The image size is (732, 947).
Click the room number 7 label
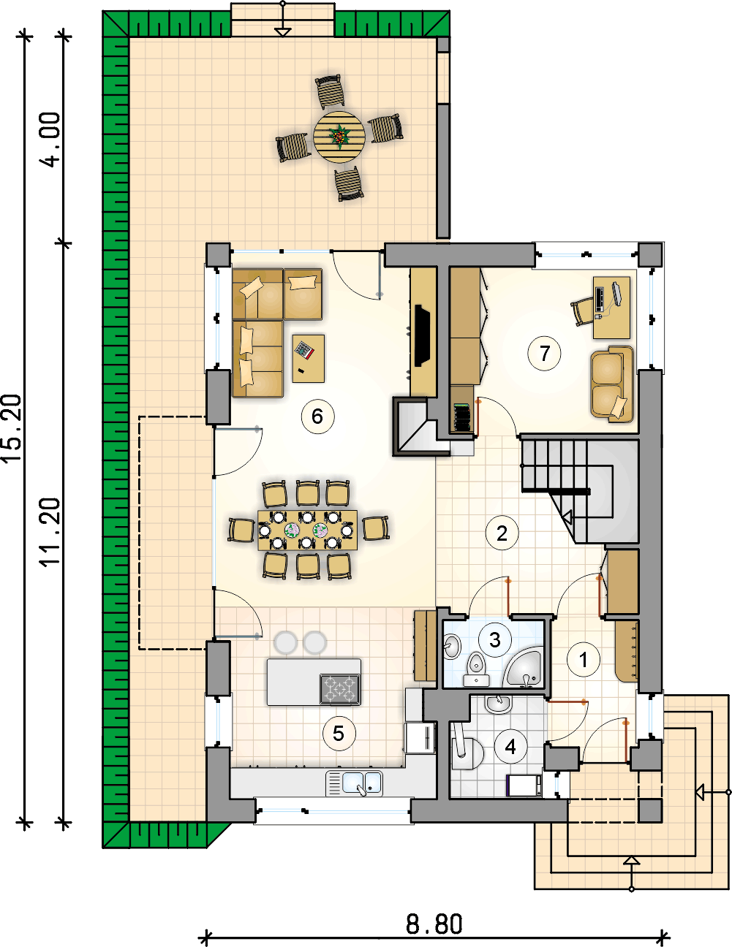point(544,353)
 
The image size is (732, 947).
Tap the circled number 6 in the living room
point(317,417)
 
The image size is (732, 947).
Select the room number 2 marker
point(502,533)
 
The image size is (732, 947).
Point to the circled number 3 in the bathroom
point(495,640)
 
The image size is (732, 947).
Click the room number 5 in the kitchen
point(339,734)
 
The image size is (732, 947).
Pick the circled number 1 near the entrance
point(584,660)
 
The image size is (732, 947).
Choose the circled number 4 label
point(510,747)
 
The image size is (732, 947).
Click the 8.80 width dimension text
point(434,924)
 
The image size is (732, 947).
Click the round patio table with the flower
point(339,137)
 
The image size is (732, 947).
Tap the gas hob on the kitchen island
point(339,688)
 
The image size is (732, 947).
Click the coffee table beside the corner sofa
point(309,358)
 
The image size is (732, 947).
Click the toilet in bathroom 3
point(476,669)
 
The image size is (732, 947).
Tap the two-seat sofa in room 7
point(611,384)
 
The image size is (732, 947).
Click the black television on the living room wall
point(422,335)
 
